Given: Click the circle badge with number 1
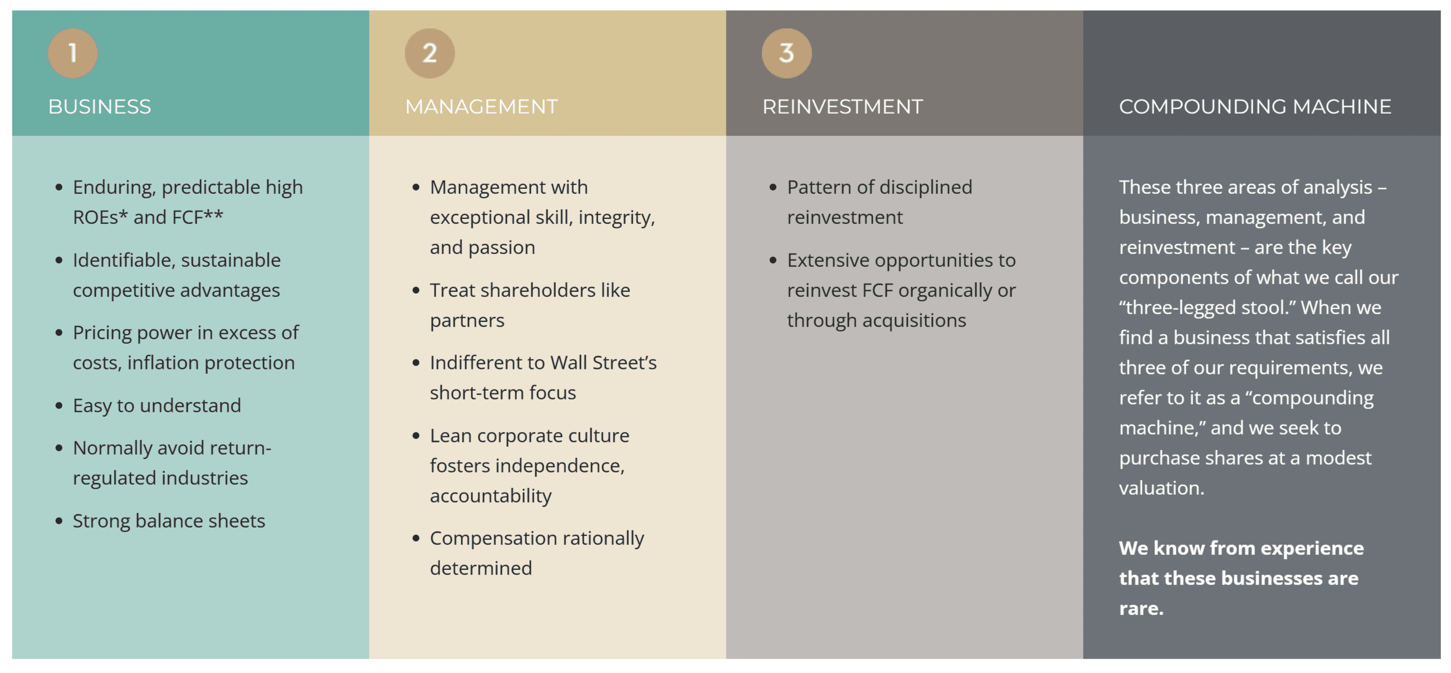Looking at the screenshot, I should point(72,53).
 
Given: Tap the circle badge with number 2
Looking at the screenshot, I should point(429,53).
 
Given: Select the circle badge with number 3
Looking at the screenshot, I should point(786,53).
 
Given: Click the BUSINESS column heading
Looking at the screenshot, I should point(99,106).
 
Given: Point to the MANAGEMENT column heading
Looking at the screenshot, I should point(481,106).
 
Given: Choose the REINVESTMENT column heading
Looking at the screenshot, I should point(842,106).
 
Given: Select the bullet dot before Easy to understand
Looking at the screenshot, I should point(58,406).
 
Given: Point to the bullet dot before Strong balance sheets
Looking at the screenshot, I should point(58,521).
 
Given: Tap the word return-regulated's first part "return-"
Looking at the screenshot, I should point(242,448).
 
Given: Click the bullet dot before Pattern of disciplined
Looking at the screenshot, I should point(773,188).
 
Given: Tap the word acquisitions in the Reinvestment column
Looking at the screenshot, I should point(913,320).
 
